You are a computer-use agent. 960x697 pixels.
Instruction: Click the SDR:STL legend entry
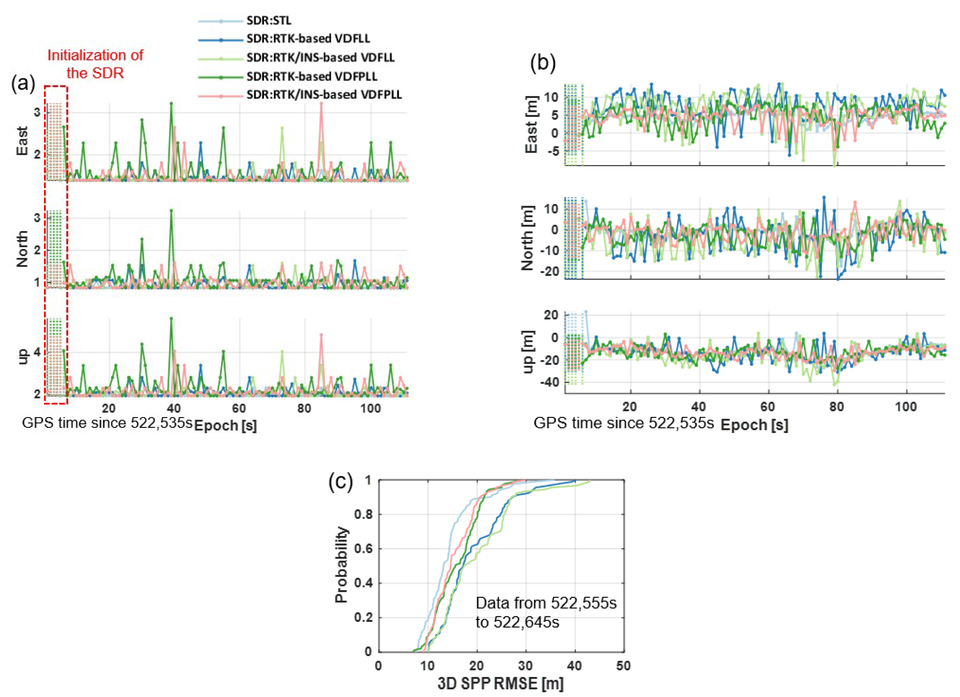(269, 20)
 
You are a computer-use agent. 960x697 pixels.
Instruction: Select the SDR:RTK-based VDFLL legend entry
(308, 38)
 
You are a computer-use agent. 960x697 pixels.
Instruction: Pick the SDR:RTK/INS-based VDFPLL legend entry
(324, 94)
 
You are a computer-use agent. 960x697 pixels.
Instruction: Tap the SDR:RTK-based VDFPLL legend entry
(312, 76)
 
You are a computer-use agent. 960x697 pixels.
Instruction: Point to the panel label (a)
(23, 83)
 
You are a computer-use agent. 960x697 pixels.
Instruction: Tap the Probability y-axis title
(341, 565)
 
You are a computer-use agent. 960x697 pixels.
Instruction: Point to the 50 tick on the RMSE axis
(623, 666)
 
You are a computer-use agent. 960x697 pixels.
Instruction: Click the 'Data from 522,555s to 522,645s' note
(546, 612)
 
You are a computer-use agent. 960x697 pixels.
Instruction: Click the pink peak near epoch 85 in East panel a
(321, 103)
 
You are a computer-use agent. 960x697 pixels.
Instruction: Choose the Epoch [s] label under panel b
(754, 425)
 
